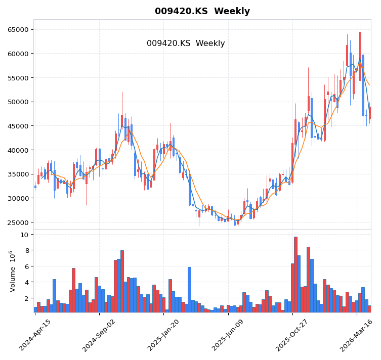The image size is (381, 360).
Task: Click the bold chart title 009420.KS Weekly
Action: click(x=202, y=11)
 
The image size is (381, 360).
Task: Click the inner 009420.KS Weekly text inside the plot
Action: click(x=186, y=43)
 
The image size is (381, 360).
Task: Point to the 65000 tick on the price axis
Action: click(x=18, y=29)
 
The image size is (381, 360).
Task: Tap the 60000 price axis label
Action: click(x=18, y=54)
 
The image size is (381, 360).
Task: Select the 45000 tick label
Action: click(x=18, y=126)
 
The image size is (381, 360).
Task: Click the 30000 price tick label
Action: click(x=18, y=198)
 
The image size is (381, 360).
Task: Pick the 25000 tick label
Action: click(x=18, y=222)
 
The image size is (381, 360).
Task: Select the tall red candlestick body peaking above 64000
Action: click(x=360, y=56)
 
